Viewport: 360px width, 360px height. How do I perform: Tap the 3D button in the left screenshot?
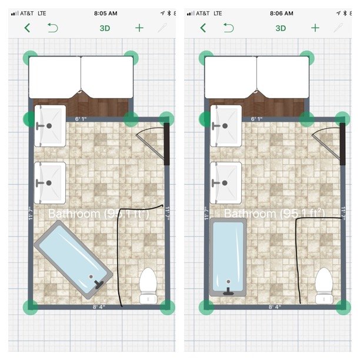pos(105,28)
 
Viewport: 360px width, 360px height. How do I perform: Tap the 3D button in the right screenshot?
pos(281,28)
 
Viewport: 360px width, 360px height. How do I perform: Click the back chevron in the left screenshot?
pos(27,28)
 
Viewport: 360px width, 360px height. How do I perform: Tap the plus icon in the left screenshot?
pos(139,28)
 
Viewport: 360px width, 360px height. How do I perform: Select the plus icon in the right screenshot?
pos(315,28)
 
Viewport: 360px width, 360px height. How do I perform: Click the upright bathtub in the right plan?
pos(228,256)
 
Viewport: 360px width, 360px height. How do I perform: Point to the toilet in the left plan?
pos(148,285)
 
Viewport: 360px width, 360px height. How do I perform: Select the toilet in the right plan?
pos(324,285)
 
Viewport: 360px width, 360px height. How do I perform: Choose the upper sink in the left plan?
pos(50,126)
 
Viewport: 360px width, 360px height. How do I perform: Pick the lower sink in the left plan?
pos(50,182)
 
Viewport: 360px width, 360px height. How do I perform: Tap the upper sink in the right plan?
pos(226,126)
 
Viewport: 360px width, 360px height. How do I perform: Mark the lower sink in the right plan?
pos(226,182)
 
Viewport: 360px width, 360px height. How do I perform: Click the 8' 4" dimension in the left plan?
pos(99,307)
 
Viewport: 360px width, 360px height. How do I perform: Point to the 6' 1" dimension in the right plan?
pos(257,119)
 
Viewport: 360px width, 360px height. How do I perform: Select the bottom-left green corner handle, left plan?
pos(30,306)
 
